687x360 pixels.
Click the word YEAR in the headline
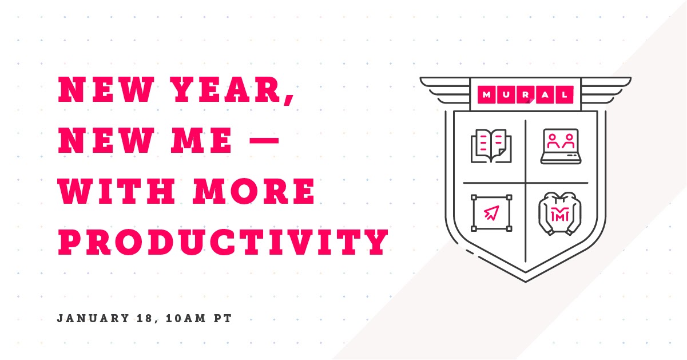(227, 89)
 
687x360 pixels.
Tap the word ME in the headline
(201, 140)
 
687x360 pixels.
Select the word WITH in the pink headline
(117, 191)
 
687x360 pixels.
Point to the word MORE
(254, 191)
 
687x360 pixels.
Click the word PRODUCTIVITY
(224, 242)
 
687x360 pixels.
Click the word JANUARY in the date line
(93, 318)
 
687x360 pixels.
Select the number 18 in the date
(145, 318)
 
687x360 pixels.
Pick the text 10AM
(185, 318)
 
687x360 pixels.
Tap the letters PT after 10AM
(223, 318)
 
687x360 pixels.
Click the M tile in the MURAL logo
(487, 95)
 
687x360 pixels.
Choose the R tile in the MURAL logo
(526, 95)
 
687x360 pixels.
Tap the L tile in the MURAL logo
(565, 95)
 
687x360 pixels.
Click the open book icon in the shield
(491, 145)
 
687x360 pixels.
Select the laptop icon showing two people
(561, 146)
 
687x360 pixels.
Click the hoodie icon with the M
(560, 213)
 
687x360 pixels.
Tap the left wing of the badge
(444, 90)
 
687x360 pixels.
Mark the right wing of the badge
(606, 90)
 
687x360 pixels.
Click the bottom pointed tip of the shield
(526, 282)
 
